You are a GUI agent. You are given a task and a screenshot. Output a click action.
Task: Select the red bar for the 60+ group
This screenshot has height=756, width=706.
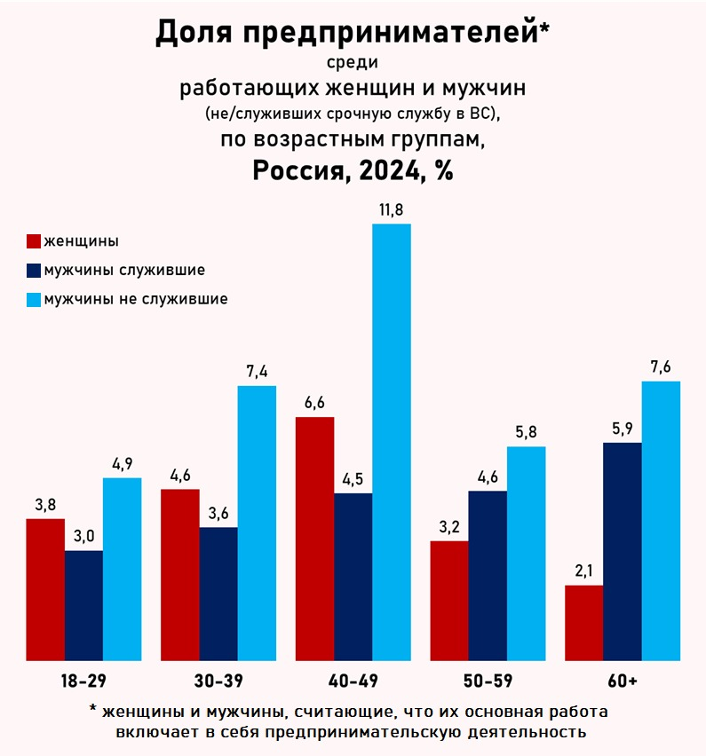tap(583, 623)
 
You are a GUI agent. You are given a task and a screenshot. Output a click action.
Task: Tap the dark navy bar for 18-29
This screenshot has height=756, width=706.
tap(83, 605)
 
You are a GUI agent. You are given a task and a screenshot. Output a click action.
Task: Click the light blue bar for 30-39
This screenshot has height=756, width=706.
tap(257, 523)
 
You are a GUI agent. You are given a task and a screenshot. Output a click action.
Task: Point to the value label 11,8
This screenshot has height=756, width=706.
tap(392, 209)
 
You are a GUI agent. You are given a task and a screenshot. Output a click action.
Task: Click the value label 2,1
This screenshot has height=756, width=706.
tap(583, 571)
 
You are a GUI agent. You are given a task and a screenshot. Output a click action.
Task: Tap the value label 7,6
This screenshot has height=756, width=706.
tap(661, 366)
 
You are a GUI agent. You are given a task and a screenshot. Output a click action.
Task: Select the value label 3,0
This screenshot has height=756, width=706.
tap(83, 536)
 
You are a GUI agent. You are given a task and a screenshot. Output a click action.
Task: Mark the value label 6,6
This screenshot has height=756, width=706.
tap(314, 402)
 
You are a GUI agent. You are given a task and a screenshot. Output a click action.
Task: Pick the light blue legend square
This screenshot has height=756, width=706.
tap(34, 300)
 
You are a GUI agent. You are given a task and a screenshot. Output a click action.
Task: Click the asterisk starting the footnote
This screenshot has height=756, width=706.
tap(92, 713)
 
